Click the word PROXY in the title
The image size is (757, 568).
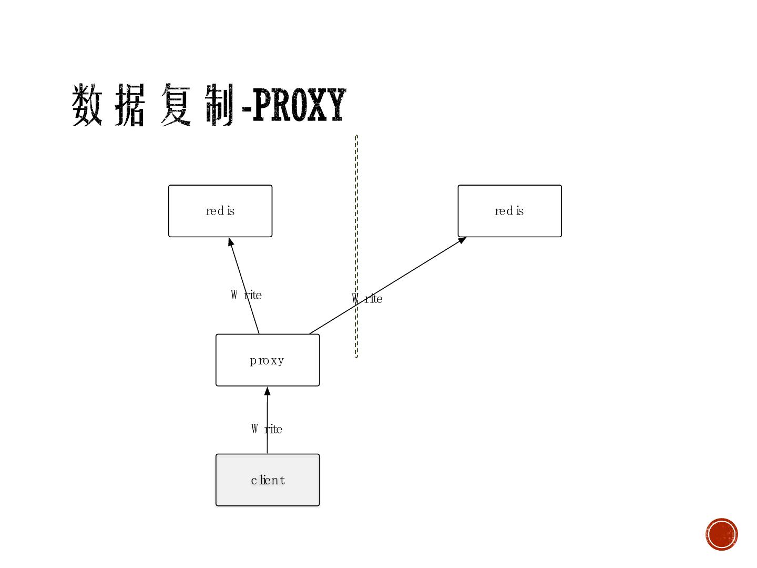[299, 106]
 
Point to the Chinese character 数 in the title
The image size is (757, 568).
[87, 105]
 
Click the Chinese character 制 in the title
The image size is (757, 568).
[219, 105]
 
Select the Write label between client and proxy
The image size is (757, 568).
[267, 429]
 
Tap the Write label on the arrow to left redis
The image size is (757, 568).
[246, 295]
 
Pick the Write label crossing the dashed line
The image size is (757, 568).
[367, 299]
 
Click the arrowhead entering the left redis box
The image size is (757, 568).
[230, 241]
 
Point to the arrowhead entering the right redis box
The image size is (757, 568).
[462, 240]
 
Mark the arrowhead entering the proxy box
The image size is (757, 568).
[267, 391]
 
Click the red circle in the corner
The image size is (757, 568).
[722, 534]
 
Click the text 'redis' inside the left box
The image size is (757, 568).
[220, 211]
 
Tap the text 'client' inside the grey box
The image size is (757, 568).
[268, 480]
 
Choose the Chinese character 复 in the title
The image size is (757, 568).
[175, 105]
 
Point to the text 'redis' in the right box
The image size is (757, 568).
[509, 211]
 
